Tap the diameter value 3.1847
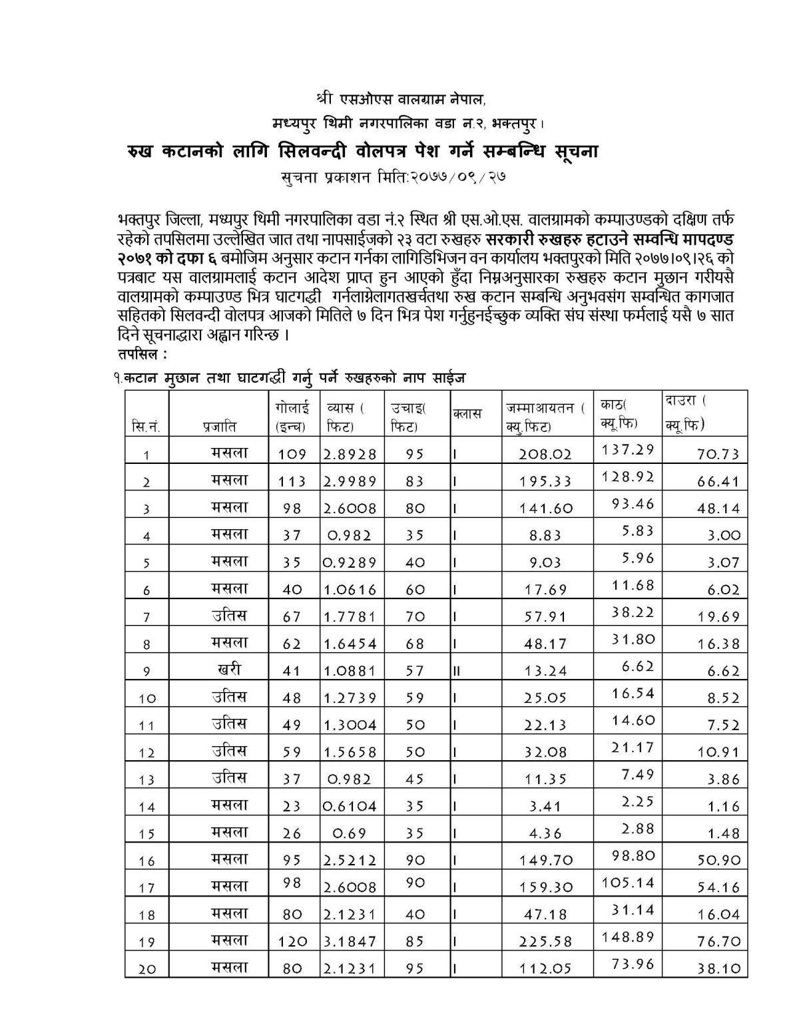[350, 941]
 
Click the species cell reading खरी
[229, 668]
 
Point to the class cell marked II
[457, 671]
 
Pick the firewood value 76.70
[718, 942]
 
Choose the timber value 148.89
[628, 936]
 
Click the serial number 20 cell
[146, 969]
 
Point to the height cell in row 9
[415, 671]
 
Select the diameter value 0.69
[350, 833]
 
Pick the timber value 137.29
[628, 449]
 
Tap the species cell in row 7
[229, 614]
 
